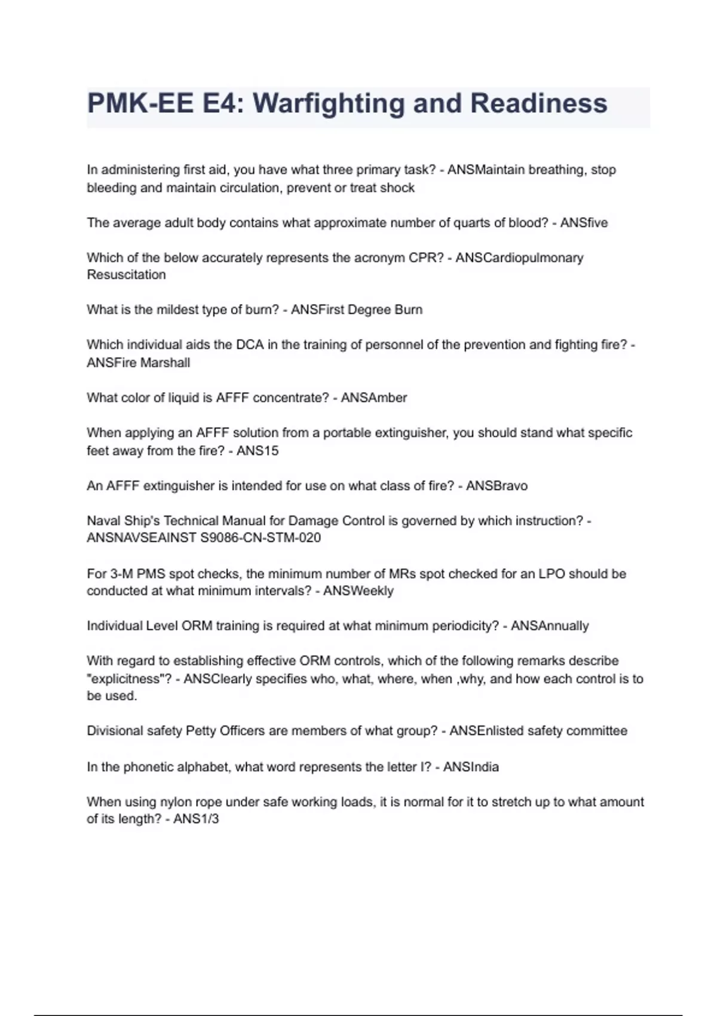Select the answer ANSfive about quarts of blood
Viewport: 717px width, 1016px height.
[584, 223]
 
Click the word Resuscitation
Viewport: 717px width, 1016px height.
[126, 275]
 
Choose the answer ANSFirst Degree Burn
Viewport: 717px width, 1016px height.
[357, 310]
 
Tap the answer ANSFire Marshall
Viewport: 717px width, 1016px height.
[138, 363]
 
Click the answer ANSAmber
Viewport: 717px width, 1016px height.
[373, 397]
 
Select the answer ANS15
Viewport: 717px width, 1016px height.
[258, 451]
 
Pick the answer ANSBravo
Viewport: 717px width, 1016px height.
[497, 486]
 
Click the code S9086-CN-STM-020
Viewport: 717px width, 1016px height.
[260, 538]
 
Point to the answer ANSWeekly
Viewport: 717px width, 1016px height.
[358, 591]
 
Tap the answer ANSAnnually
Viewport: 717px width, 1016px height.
[550, 626]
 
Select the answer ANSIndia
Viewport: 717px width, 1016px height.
[471, 767]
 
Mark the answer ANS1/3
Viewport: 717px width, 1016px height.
[196, 819]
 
